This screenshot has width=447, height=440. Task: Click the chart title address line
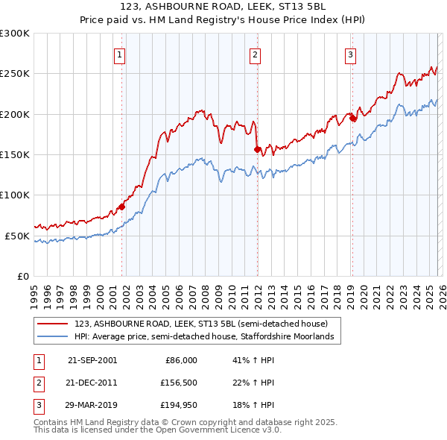click(x=223, y=8)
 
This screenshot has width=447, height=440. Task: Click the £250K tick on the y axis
click(x=15, y=74)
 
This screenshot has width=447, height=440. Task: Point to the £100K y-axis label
click(x=15, y=195)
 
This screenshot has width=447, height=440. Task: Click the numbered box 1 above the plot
click(x=119, y=54)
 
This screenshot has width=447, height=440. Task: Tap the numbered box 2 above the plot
click(x=255, y=54)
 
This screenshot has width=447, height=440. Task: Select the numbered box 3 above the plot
click(x=350, y=54)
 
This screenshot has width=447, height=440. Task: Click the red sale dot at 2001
click(x=121, y=207)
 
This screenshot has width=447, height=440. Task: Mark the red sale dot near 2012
click(x=257, y=149)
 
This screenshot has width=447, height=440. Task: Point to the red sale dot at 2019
click(x=352, y=118)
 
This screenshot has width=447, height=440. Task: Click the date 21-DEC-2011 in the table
click(x=92, y=383)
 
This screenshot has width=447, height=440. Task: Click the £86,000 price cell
click(x=180, y=359)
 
